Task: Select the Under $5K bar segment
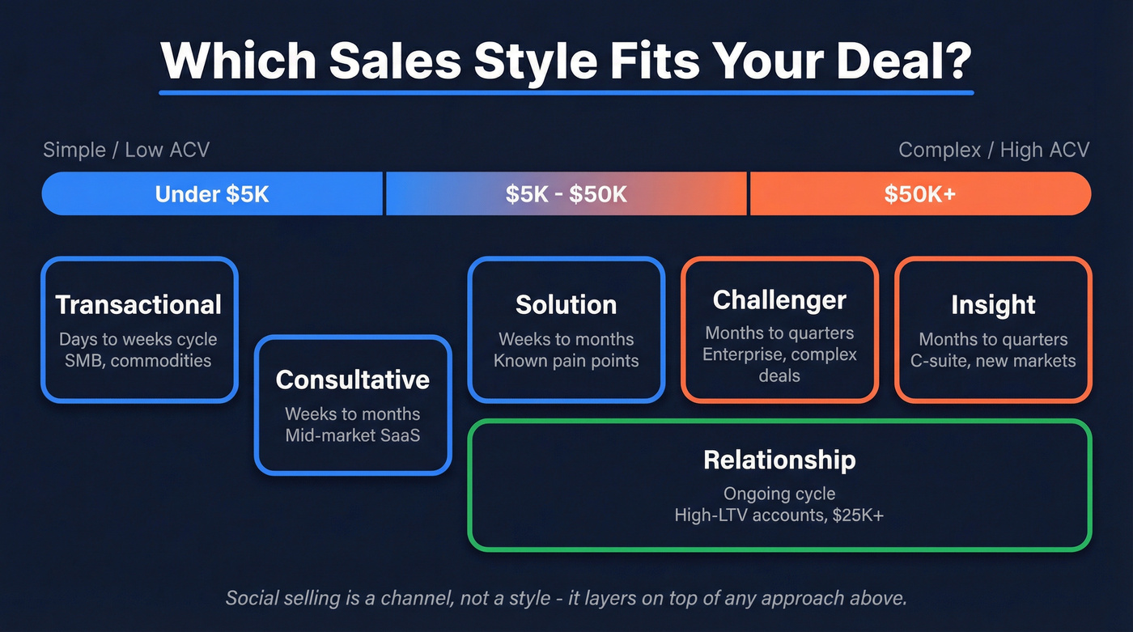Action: [212, 194]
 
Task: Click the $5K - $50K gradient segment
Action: [566, 194]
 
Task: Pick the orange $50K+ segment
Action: [920, 194]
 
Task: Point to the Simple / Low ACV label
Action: [126, 150]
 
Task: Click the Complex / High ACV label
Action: [994, 150]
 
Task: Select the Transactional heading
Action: [138, 304]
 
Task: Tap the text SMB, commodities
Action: [138, 361]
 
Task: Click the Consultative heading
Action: [352, 380]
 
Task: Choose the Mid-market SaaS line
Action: [352, 435]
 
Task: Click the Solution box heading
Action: [566, 304]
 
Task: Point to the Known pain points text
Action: [566, 361]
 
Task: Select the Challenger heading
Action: [779, 299]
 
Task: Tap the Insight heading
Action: [993, 304]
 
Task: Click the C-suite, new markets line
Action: [993, 361]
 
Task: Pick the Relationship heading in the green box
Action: [779, 460]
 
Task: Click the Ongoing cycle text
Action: [779, 494]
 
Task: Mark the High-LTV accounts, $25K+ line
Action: [779, 515]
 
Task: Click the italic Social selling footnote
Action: [566, 598]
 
